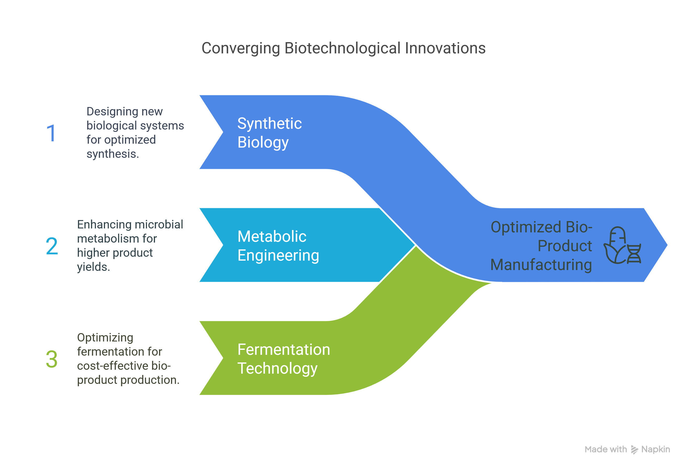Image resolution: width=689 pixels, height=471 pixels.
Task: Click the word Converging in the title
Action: (x=241, y=49)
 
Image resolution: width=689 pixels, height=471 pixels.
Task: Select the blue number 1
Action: (x=51, y=133)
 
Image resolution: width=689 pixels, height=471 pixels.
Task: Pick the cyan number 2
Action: (x=52, y=246)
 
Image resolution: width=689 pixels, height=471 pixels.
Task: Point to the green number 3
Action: (x=52, y=359)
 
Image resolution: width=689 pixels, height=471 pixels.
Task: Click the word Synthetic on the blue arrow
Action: (x=269, y=124)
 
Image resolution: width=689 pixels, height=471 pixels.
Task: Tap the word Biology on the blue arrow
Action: (x=263, y=143)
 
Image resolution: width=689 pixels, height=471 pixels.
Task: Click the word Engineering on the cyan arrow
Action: (x=278, y=256)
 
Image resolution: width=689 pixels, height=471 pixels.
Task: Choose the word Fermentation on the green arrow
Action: (x=284, y=350)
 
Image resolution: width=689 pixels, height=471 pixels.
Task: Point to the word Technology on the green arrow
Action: (x=278, y=368)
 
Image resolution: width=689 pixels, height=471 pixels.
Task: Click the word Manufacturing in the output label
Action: (x=541, y=265)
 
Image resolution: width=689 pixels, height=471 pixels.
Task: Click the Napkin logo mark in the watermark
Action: (x=634, y=450)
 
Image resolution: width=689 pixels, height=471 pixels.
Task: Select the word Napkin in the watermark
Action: (x=655, y=450)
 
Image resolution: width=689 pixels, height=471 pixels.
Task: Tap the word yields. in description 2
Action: (x=93, y=267)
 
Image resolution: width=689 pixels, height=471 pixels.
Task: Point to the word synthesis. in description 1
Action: (x=113, y=154)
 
